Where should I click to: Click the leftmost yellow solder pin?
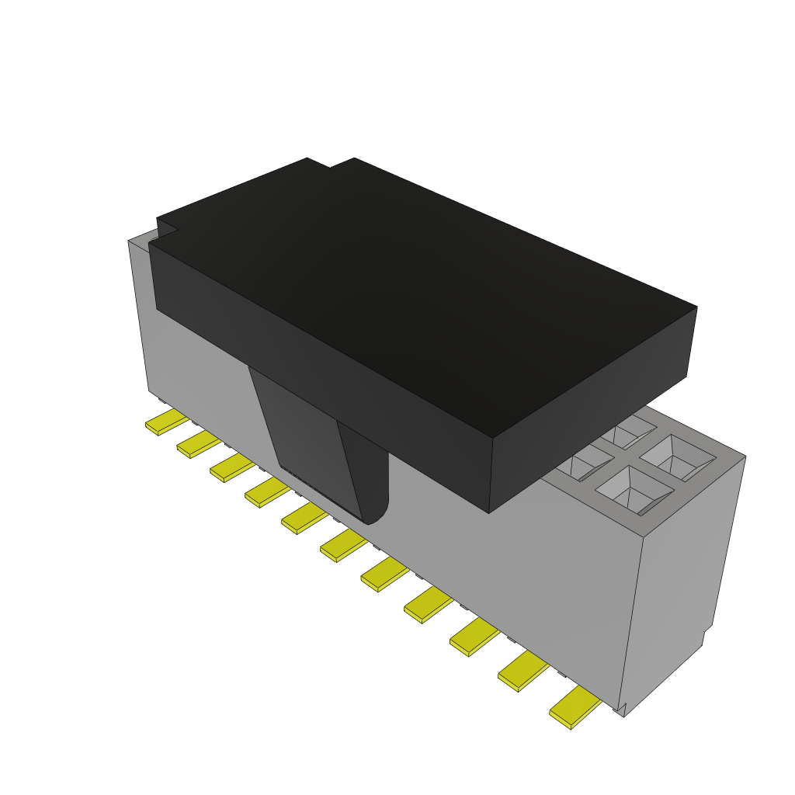[x=166, y=422]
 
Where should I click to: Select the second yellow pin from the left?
[x=198, y=445]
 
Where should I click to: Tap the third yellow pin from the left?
[x=231, y=468]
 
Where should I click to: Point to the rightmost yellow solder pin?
[x=575, y=708]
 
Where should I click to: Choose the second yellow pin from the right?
[x=522, y=671]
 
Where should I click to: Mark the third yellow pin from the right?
[x=474, y=637]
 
